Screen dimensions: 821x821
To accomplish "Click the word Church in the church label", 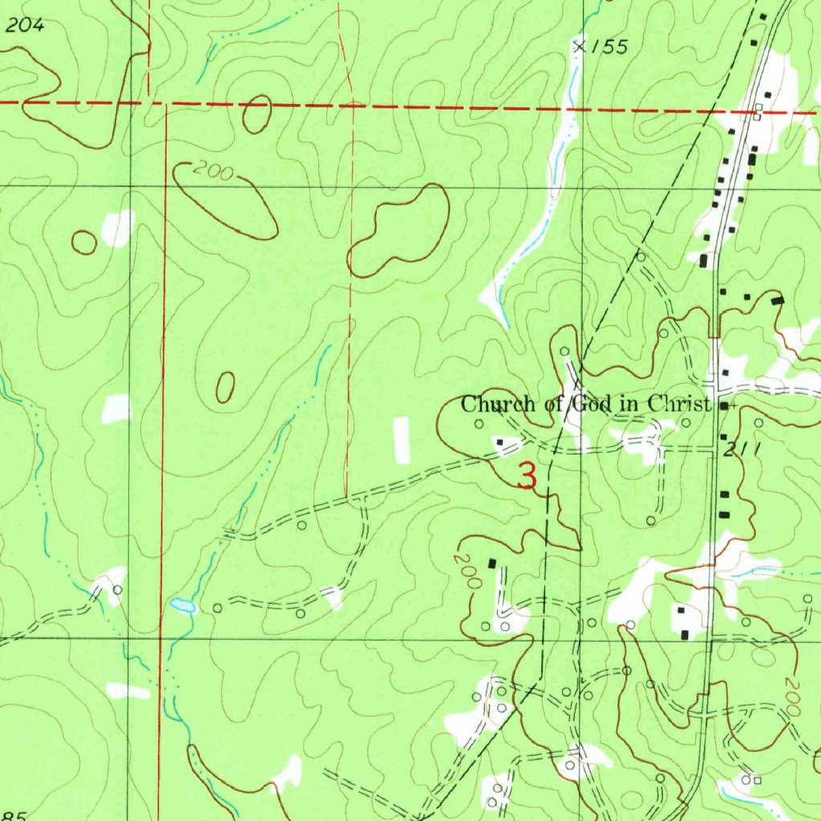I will (491, 404).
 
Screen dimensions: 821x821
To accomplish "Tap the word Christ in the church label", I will (678, 403).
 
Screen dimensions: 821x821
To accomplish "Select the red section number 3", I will (527, 477).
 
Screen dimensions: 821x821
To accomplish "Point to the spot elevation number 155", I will (609, 48).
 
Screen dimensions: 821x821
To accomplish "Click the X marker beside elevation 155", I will (579, 47).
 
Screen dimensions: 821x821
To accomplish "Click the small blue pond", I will (182, 606).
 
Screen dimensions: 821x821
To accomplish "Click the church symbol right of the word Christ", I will (726, 406).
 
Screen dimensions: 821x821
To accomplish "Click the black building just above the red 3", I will (500, 441).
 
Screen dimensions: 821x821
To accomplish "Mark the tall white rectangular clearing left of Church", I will (402, 440).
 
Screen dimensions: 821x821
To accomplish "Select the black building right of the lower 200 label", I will (492, 564).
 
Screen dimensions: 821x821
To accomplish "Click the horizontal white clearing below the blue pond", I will (127, 690).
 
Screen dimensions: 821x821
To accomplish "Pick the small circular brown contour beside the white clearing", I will (84, 242).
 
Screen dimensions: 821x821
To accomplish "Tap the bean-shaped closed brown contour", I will (398, 231).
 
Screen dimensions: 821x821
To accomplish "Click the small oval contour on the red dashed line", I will (257, 115).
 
